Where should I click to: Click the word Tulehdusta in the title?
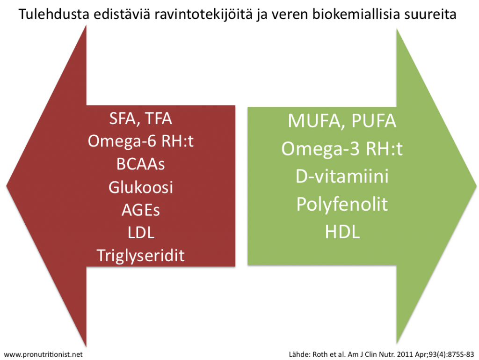point(54,14)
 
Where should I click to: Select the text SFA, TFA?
point(140,118)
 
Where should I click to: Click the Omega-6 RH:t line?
point(140,141)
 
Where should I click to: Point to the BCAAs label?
point(140,164)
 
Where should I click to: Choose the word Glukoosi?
point(140,187)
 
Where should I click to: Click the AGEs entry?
point(140,210)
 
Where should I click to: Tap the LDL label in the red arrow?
point(141,233)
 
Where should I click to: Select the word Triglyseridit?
point(140,256)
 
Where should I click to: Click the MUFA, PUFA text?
point(342,121)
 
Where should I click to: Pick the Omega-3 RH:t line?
point(342,149)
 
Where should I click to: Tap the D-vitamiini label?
point(342,176)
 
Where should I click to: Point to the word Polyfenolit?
point(342,204)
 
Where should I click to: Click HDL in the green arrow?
point(342,232)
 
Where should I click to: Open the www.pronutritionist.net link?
point(43,354)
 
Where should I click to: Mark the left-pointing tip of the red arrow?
point(7,185)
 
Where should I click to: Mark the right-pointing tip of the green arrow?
point(476,185)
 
